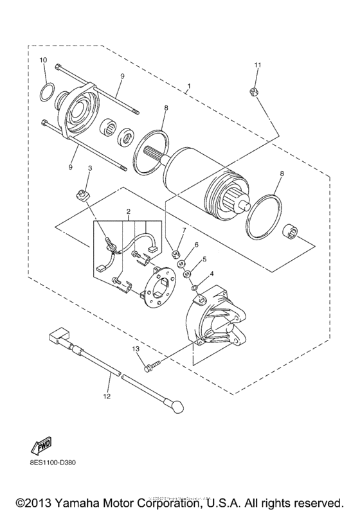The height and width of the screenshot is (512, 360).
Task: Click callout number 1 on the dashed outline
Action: point(189,85)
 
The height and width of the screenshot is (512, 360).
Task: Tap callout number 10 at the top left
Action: point(43,60)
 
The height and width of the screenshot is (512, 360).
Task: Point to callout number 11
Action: point(256,66)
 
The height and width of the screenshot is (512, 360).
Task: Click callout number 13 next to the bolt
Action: point(136,348)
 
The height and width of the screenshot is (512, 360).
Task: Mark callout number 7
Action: point(183,230)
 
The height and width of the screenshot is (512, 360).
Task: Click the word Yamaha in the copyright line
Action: point(89,499)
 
